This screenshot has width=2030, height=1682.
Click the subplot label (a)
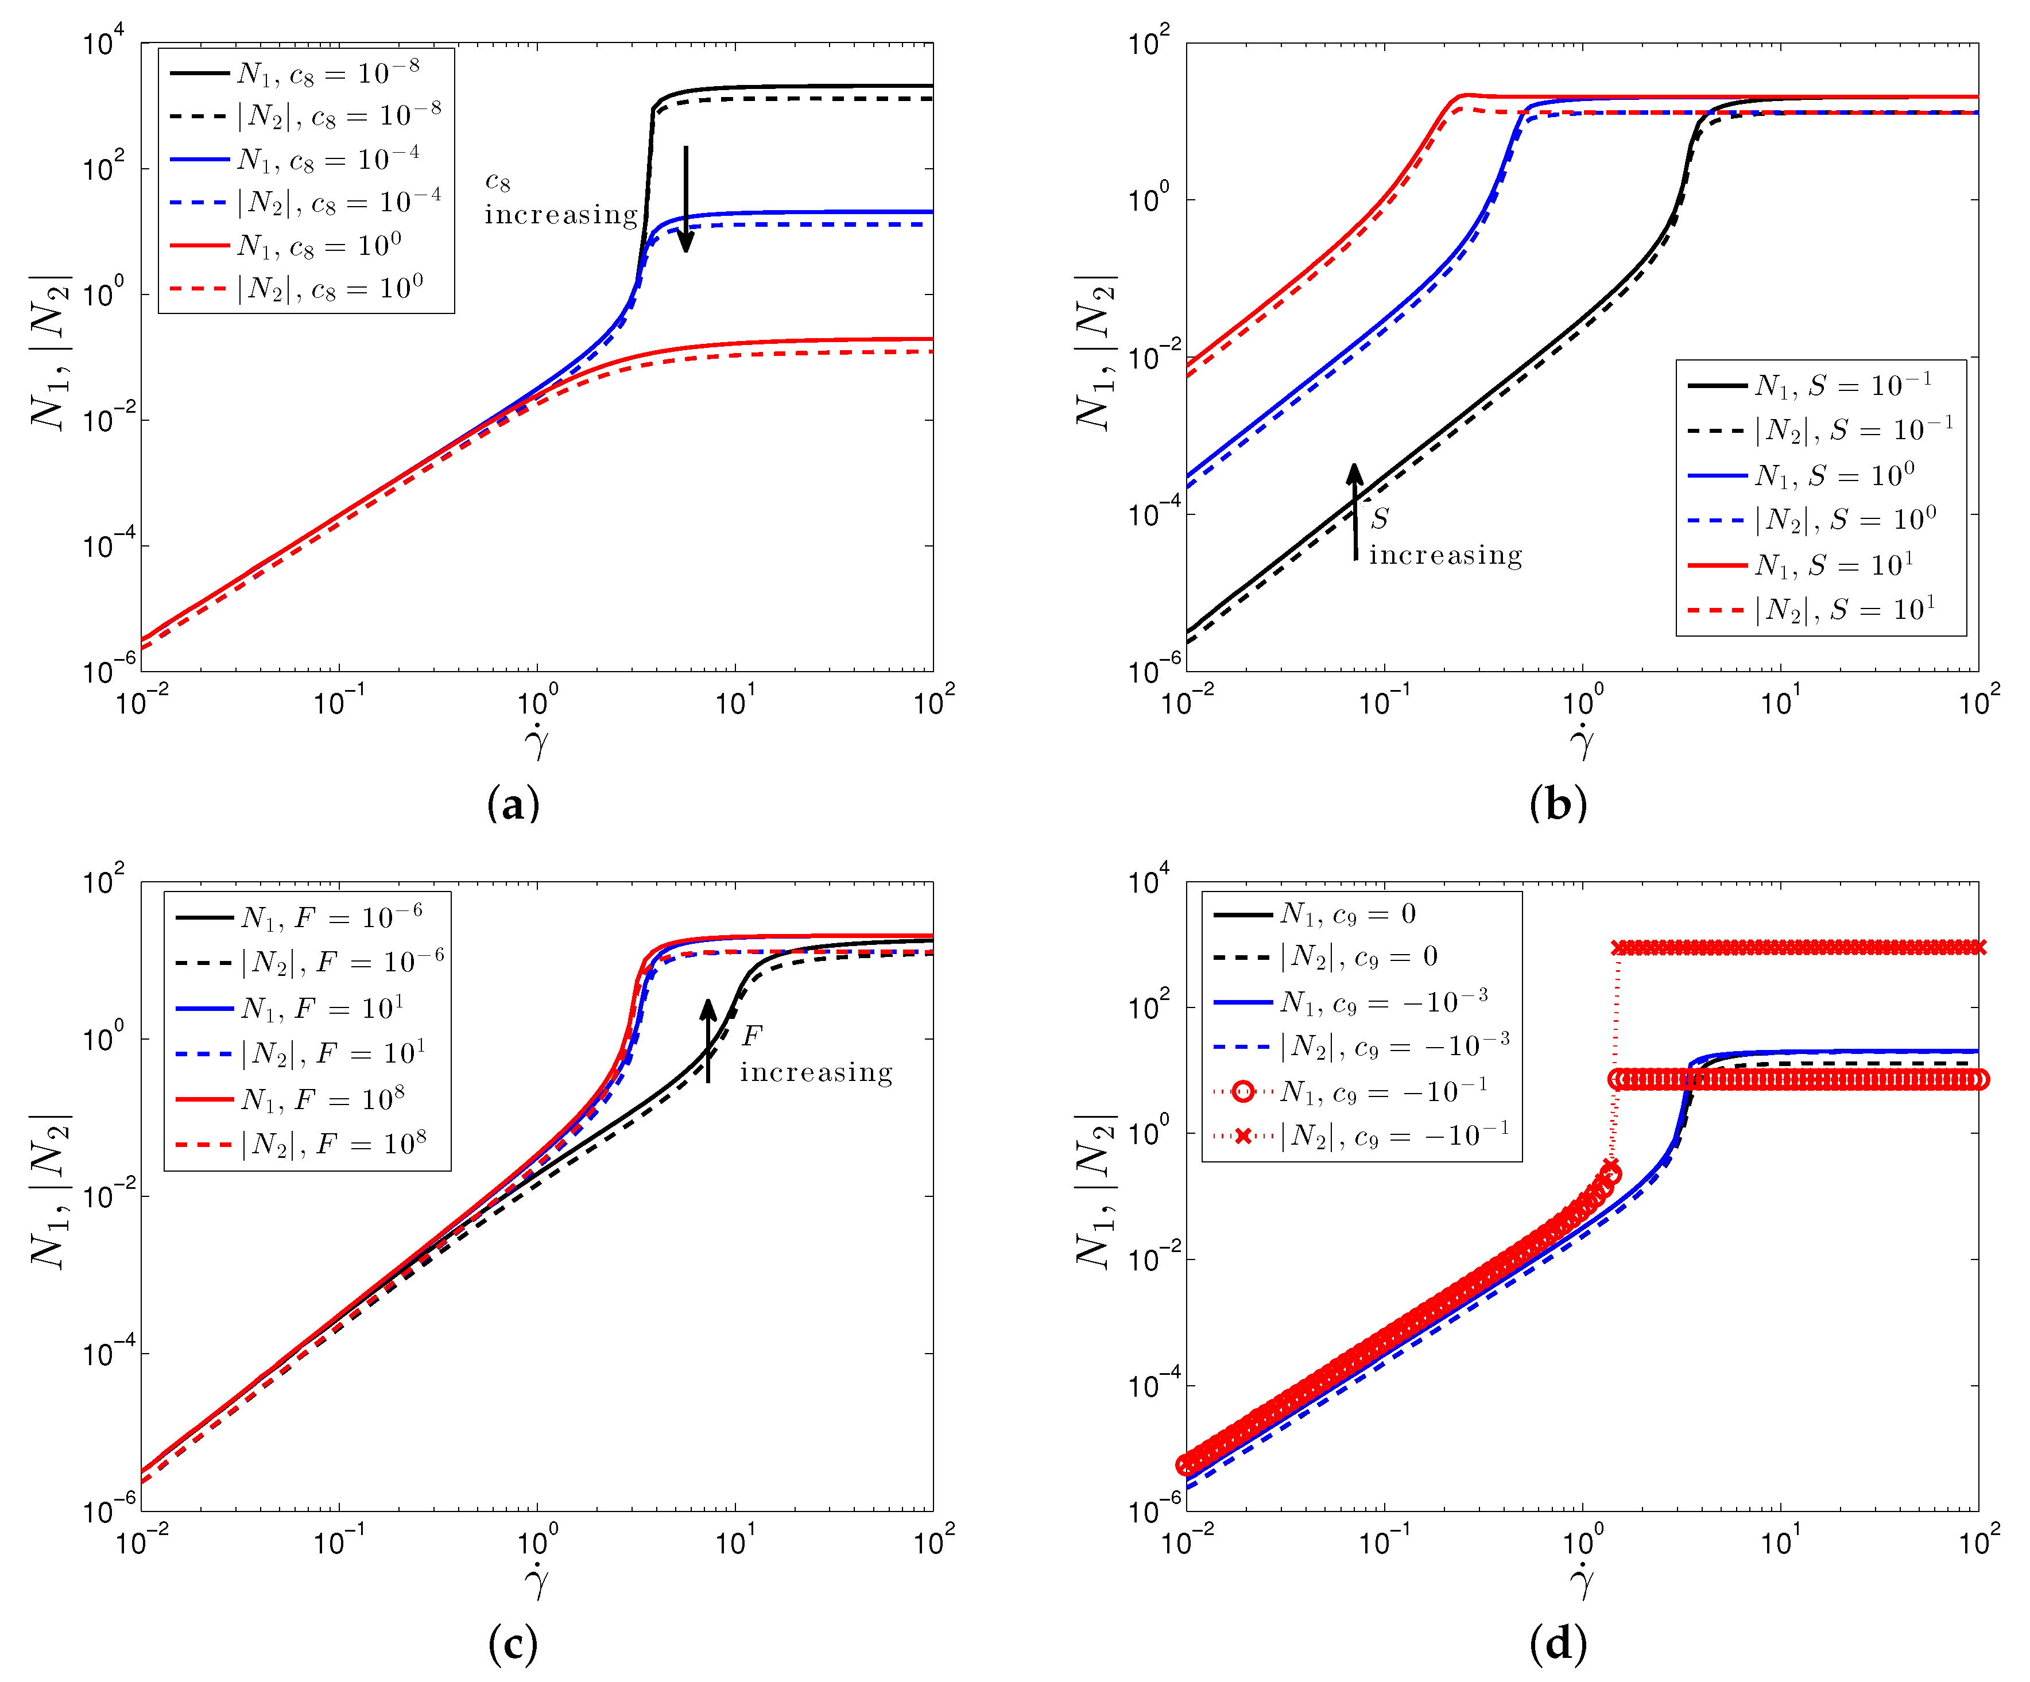(513, 803)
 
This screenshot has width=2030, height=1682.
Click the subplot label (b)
(1558, 803)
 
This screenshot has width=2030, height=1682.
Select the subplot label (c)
(513, 1644)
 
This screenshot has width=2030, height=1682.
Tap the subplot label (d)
(1558, 1644)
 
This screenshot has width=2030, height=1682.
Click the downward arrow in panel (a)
(685, 198)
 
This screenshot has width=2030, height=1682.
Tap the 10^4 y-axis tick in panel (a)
(104, 44)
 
